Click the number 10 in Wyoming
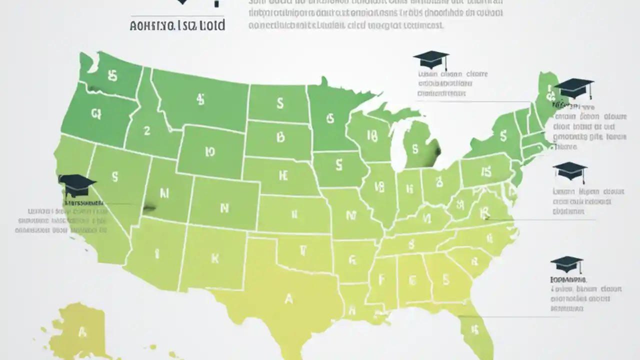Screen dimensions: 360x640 click(209, 151)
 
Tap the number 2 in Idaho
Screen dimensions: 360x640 click(146, 131)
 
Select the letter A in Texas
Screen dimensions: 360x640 click(288, 298)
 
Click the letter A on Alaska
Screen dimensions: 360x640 click(81, 331)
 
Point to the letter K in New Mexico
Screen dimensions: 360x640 click(215, 258)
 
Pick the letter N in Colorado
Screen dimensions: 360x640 click(224, 208)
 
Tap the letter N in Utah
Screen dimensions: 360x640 click(164, 192)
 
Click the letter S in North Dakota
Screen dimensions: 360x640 click(279, 103)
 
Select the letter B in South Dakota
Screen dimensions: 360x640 click(280, 136)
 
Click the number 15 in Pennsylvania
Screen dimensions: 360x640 click(485, 172)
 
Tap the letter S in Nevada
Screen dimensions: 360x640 click(115, 176)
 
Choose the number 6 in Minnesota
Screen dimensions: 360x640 click(329, 118)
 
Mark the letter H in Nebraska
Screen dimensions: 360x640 click(283, 175)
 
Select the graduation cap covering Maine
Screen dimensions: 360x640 click(574, 88)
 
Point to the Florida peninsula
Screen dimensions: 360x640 click(470, 330)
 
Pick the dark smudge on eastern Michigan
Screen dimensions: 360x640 click(436, 149)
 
